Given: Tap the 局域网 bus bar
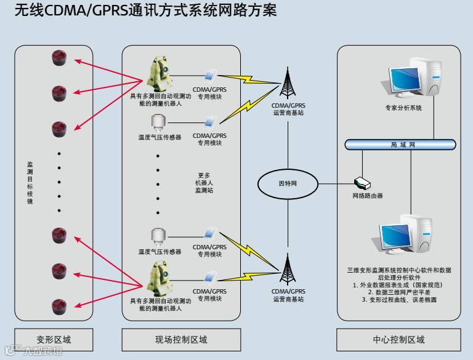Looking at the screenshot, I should click(x=400, y=145).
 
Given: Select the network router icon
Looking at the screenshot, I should click(x=362, y=183).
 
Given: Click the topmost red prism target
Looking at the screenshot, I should click(x=59, y=59).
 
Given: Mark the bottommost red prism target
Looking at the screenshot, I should click(x=59, y=305).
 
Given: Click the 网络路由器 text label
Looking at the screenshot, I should click(x=368, y=196).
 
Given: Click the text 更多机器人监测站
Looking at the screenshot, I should click(x=204, y=183).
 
